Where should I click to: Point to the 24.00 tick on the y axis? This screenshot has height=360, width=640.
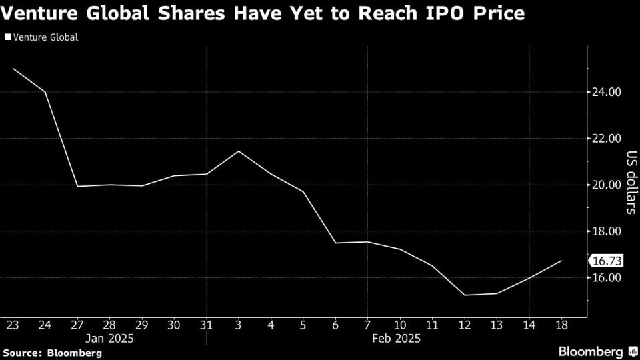(607, 92)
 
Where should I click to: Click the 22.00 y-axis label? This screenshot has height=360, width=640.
(607, 139)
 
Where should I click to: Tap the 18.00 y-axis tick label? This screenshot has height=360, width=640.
(607, 231)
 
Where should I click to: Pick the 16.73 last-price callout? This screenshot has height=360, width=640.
(606, 261)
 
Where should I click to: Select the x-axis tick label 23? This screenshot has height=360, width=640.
(13, 325)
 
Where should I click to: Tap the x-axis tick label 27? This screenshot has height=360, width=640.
(77, 325)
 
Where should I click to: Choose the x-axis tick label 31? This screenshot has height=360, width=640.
(206, 325)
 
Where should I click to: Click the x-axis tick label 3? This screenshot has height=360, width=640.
(239, 325)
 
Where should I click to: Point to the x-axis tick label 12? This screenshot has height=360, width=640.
(464, 325)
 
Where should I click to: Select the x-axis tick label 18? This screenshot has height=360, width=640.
(561, 325)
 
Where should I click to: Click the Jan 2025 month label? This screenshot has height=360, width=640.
(109, 339)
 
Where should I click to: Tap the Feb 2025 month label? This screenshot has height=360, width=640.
(399, 339)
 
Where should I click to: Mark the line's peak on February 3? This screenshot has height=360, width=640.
(239, 151)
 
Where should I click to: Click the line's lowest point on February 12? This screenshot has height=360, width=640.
(464, 295)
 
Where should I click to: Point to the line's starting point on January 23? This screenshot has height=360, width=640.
(13, 69)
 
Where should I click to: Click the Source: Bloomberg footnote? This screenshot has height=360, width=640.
(52, 352)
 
